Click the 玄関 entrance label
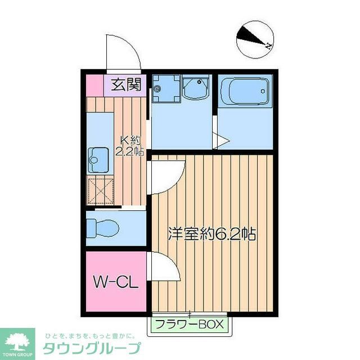[125, 85]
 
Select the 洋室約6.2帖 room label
[212, 234]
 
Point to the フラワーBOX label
[190, 324]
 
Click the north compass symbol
[254, 38]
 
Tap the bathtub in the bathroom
[245, 91]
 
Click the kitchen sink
[97, 159]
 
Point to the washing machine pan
[166, 89]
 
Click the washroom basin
[196, 88]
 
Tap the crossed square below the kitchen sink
[100, 191]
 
